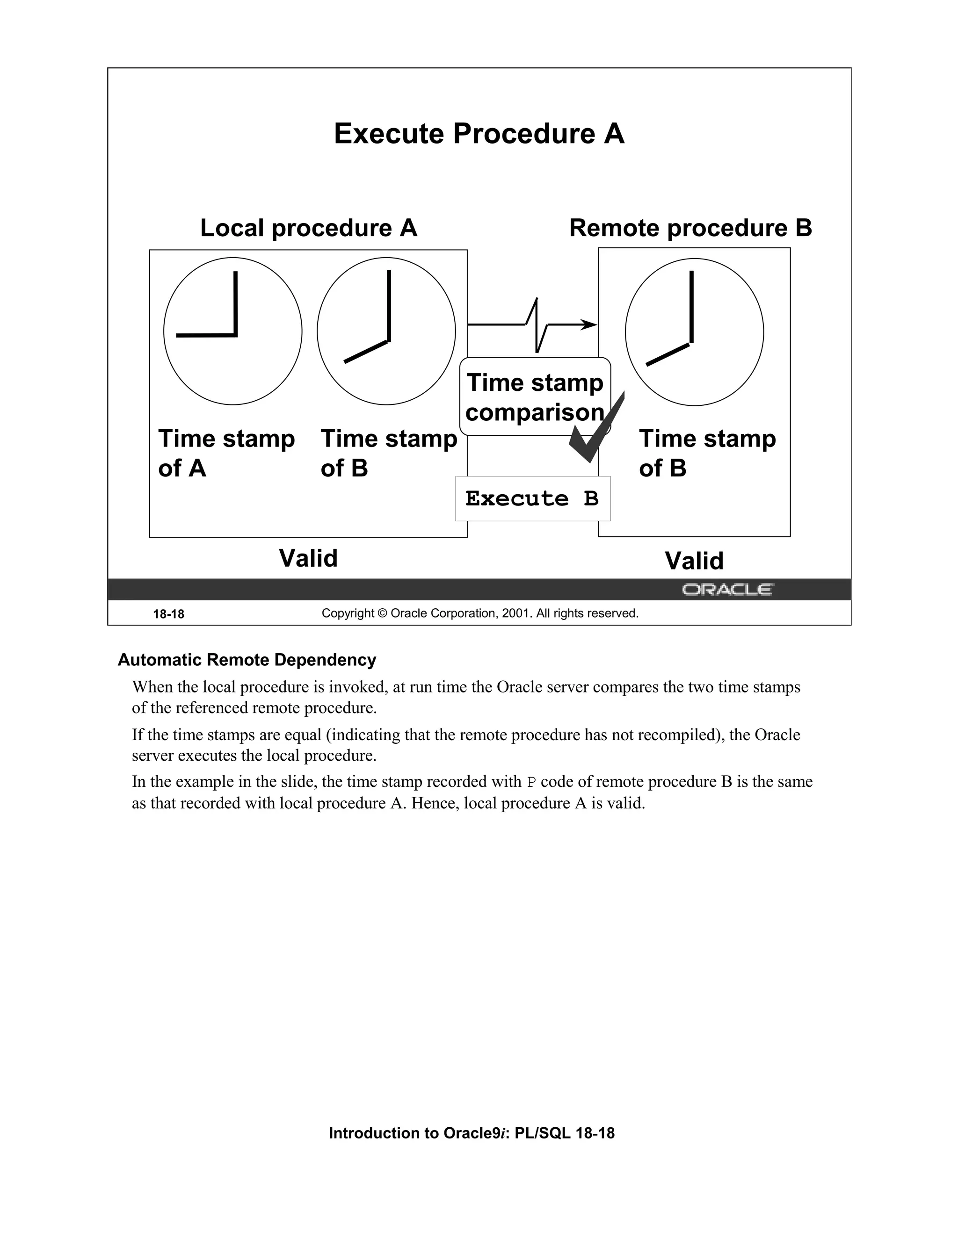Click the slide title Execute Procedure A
point(479,134)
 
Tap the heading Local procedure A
point(308,228)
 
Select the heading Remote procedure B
point(690,228)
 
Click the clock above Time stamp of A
point(232,331)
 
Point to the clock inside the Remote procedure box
point(694,332)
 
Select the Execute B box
point(532,499)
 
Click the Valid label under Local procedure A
point(308,558)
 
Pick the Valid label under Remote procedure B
point(694,561)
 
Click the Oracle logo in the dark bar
point(726,590)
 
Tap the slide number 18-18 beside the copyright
point(168,614)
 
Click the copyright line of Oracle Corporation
point(479,613)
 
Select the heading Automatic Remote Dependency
point(247,660)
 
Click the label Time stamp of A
point(226,453)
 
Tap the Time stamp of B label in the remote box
point(707,453)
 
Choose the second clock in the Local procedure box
point(386,331)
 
